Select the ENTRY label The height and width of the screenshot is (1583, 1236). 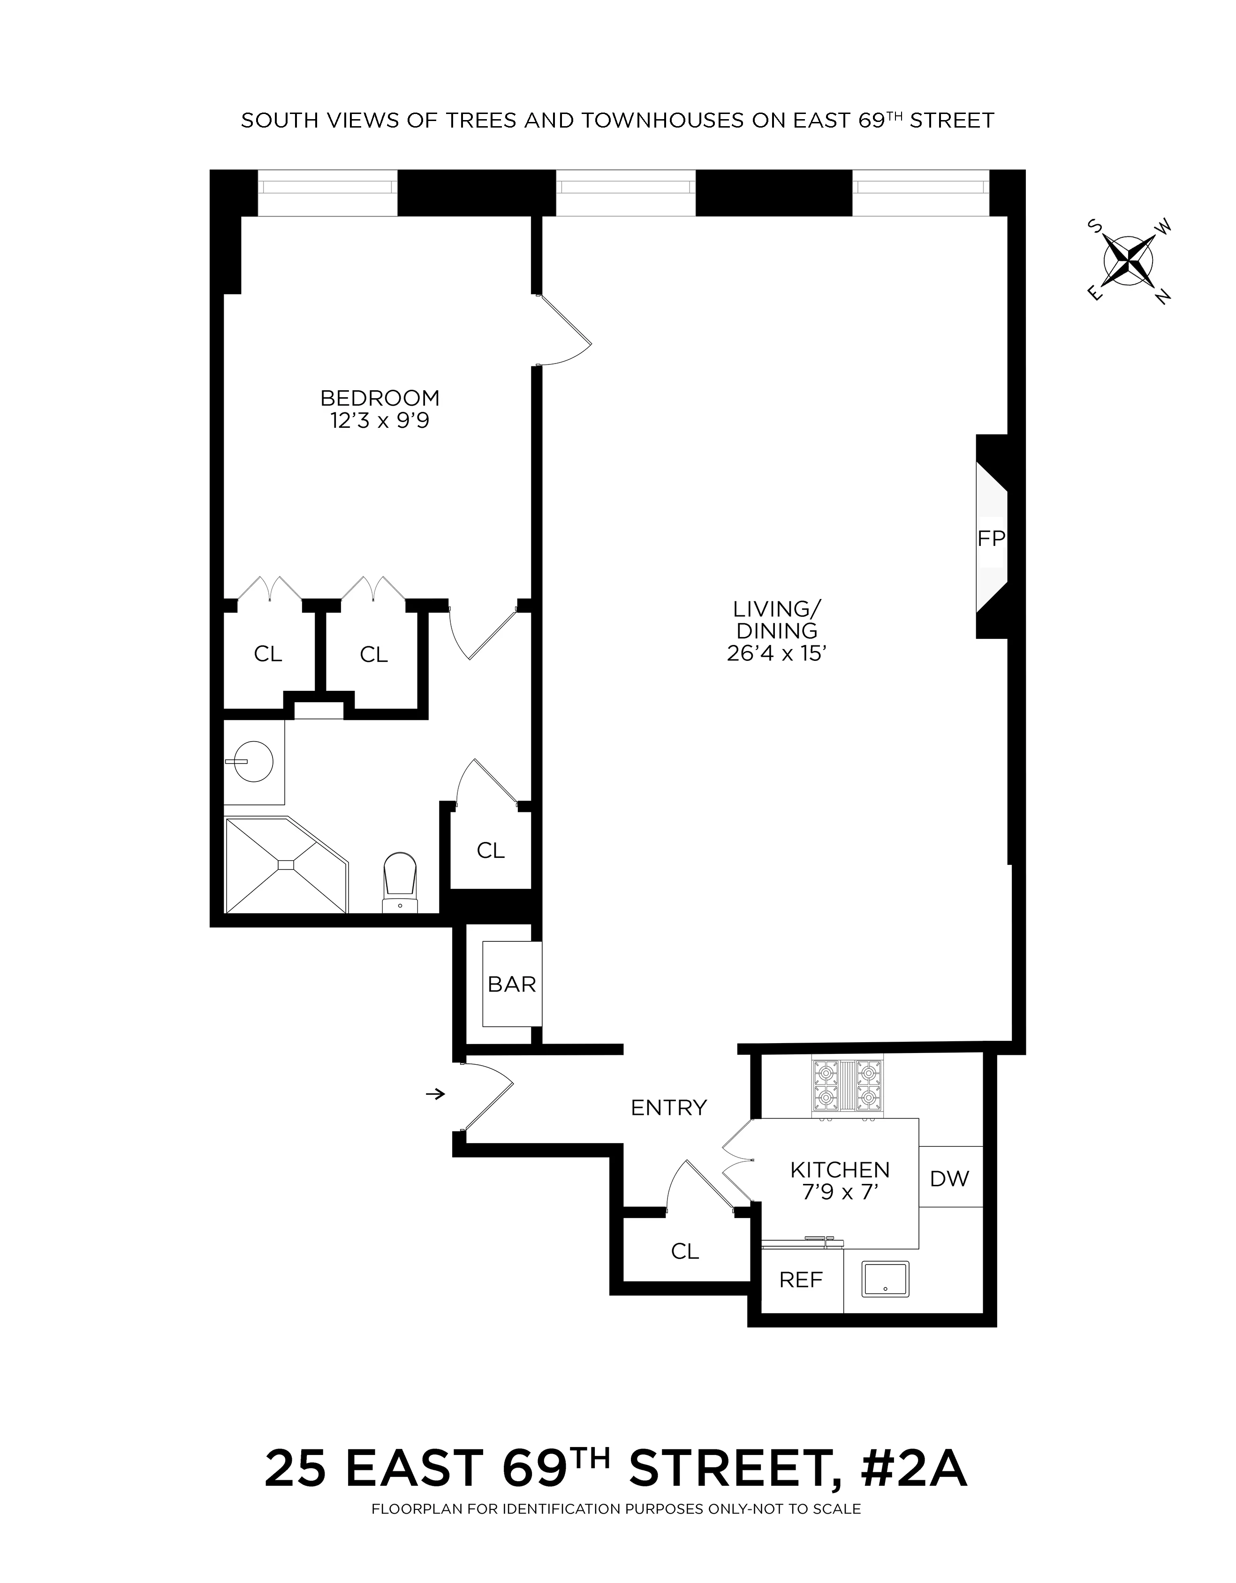[x=668, y=1107]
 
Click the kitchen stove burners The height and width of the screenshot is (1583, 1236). [x=847, y=1085]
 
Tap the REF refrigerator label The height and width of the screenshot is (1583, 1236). [x=801, y=1280]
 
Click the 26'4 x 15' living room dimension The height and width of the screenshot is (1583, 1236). [x=776, y=654]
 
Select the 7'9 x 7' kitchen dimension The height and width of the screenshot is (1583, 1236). [x=840, y=1192]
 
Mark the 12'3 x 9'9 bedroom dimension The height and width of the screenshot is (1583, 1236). [x=380, y=421]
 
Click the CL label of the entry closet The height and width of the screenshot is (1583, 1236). [x=685, y=1251]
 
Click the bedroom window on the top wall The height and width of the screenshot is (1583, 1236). [x=328, y=187]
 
